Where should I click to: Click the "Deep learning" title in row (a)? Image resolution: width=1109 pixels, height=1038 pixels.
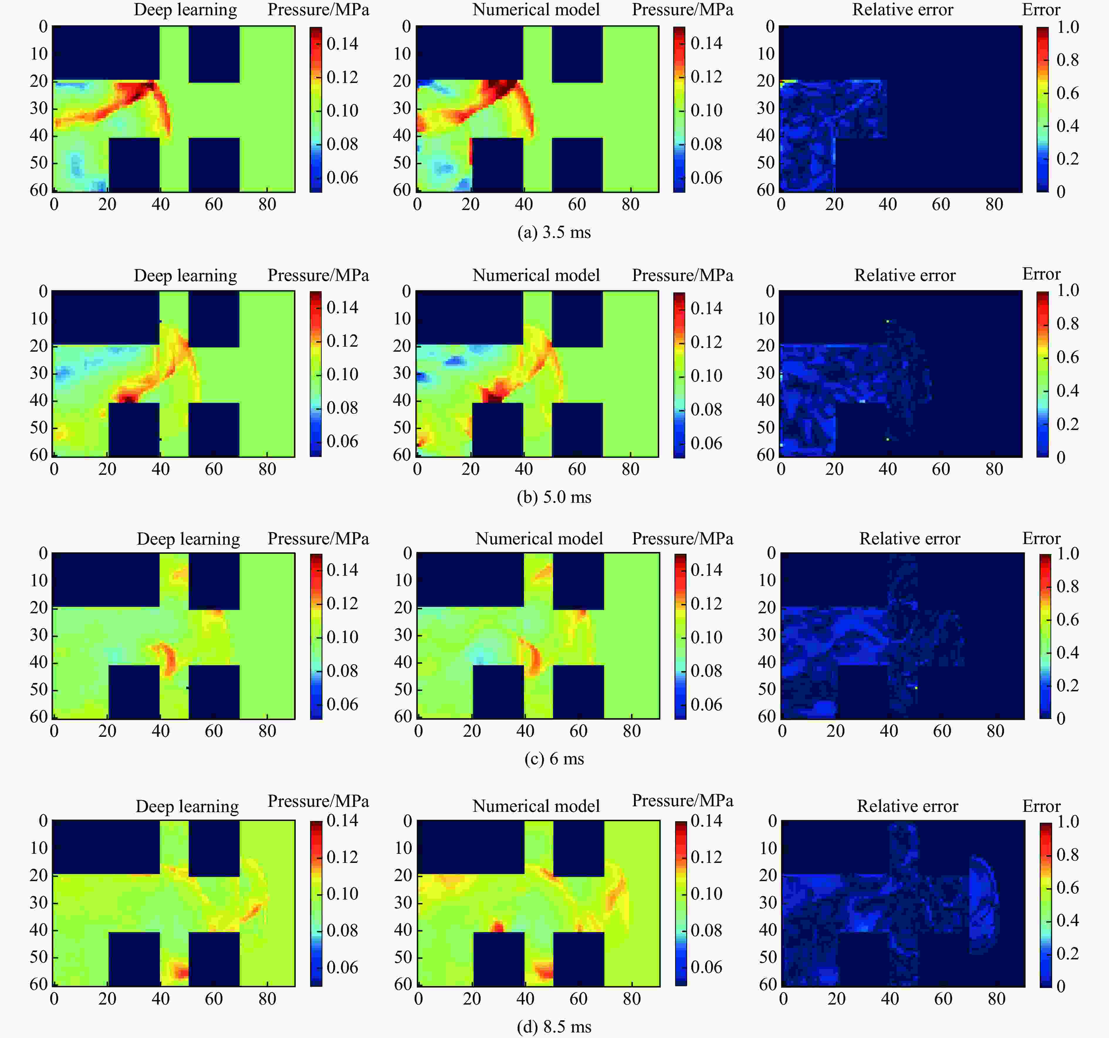pyautogui.click(x=185, y=10)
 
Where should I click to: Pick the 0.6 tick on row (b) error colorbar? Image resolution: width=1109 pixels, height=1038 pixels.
pyautogui.click(x=1067, y=357)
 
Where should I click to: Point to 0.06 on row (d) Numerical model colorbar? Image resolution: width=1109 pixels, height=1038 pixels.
pyautogui.click(x=706, y=967)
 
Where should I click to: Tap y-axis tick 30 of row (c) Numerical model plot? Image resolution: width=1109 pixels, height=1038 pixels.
pyautogui.click(x=403, y=635)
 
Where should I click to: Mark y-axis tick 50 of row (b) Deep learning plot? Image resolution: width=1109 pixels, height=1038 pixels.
pyautogui.click(x=39, y=428)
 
